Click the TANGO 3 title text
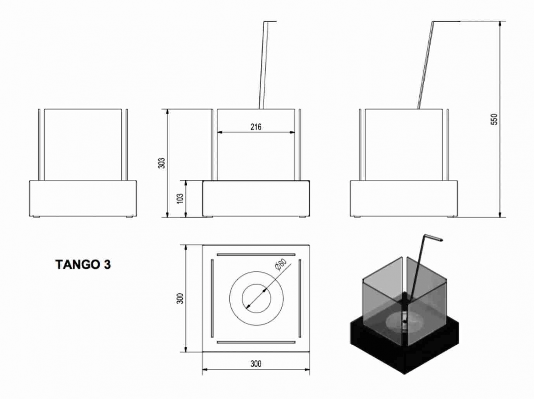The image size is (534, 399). click(x=83, y=265)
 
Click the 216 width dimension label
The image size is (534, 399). click(x=256, y=127)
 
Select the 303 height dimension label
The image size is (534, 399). click(x=163, y=163)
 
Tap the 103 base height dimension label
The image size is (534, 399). click(x=180, y=198)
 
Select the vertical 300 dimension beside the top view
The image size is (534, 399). click(x=180, y=298)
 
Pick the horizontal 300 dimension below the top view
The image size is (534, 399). click(x=256, y=364)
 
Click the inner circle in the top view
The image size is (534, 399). click(x=256, y=298)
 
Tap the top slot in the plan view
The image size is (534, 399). click(x=256, y=254)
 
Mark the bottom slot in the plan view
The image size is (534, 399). click(x=256, y=342)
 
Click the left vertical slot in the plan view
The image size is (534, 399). click(x=212, y=298)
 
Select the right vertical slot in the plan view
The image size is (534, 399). click(x=300, y=298)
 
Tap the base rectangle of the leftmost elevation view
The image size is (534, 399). click(x=83, y=198)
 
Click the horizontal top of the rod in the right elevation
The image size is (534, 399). click(x=446, y=21)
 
